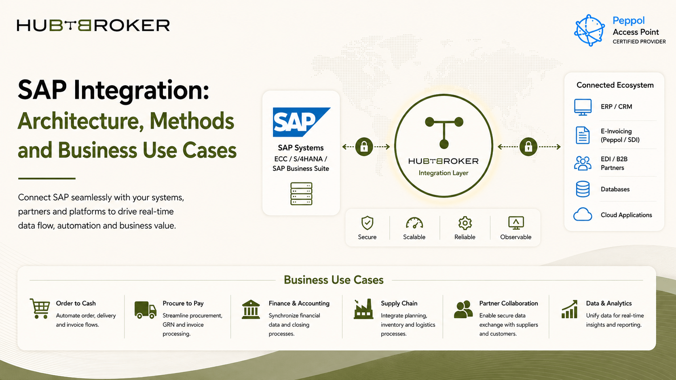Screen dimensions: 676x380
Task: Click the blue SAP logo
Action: [x=302, y=122]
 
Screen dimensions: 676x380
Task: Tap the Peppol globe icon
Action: [x=589, y=30]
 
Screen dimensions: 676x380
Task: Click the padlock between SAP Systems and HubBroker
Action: [x=364, y=147]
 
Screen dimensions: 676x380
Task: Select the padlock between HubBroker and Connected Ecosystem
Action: [x=528, y=147]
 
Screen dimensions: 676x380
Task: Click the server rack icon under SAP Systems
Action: [x=301, y=194]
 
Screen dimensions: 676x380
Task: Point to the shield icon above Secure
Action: [x=367, y=223]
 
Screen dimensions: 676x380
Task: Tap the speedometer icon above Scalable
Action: [x=414, y=223]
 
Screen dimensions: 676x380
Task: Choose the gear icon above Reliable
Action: [x=465, y=223]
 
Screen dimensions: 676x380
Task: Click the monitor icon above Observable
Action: [x=516, y=223]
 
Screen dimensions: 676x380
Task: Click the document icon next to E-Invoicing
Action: [x=583, y=135]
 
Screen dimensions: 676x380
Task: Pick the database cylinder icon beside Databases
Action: [x=583, y=189]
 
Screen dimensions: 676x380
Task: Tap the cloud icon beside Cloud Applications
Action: [x=583, y=214]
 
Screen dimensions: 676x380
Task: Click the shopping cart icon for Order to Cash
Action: [x=40, y=308]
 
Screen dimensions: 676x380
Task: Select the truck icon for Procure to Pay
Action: [x=146, y=310]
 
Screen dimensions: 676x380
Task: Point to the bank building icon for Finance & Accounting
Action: [x=251, y=309]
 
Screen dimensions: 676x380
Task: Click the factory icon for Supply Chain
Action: [x=363, y=309]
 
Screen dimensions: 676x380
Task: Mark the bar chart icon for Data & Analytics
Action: [x=570, y=309]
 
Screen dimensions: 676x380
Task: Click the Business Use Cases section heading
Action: [x=334, y=280]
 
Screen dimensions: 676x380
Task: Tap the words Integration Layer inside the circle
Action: [x=444, y=173]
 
